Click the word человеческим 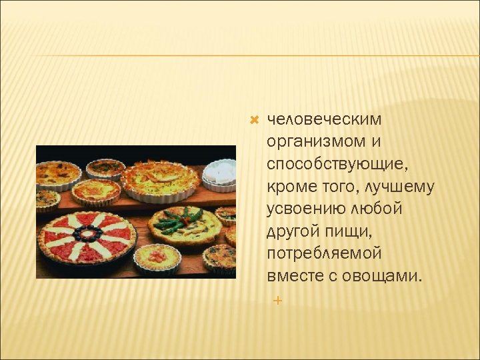(324, 119)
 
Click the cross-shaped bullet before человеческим (253, 119)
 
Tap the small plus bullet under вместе (277, 301)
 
